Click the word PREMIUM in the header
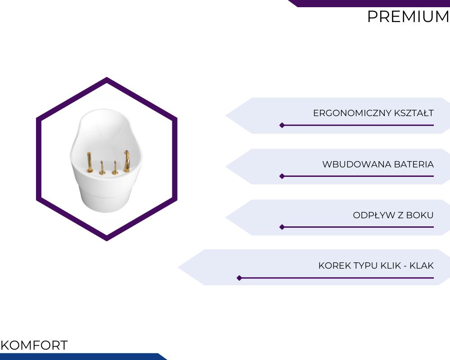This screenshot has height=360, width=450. [x=409, y=17]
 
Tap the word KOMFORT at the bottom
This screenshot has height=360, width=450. [x=34, y=345]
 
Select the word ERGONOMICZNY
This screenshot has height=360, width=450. [x=352, y=113]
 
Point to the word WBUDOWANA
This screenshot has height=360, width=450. [x=357, y=164]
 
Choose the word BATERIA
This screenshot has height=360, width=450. [x=414, y=164]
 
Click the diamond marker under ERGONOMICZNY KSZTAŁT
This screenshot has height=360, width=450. [x=282, y=125]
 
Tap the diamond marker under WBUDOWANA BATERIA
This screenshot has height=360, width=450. [x=282, y=176]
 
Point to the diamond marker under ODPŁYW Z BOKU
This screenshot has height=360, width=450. [x=282, y=227]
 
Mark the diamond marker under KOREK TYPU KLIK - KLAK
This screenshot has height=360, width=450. [x=239, y=278]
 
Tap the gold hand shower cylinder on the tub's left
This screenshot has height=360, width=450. [x=90, y=162]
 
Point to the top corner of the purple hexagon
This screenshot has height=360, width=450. [x=107, y=77]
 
